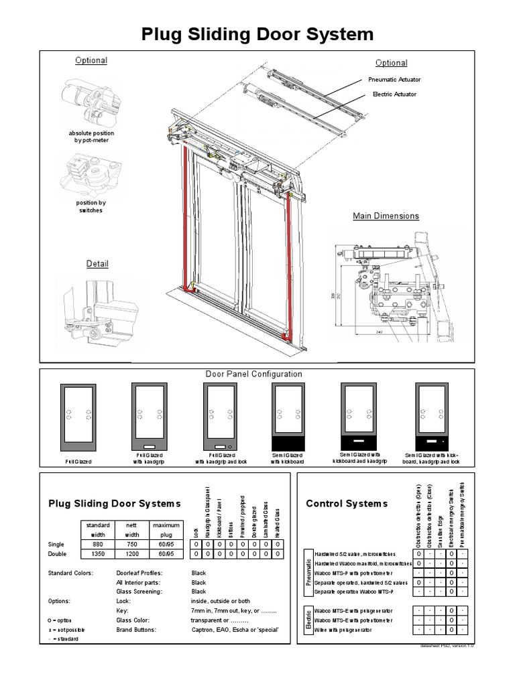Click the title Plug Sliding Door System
(257, 34)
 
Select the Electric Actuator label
(394, 94)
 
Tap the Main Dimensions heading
(386, 216)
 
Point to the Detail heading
(97, 264)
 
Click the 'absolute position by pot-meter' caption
(91, 137)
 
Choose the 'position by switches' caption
(91, 206)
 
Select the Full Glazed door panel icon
(78, 418)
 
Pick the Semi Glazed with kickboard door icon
(287, 417)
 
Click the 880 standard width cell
(99, 544)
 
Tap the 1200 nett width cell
(132, 555)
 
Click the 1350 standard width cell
(99, 555)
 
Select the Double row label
(58, 555)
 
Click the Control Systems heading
(347, 503)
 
